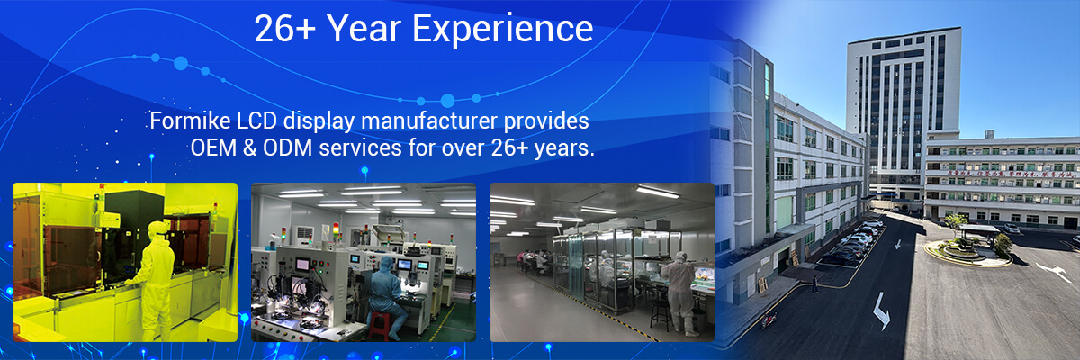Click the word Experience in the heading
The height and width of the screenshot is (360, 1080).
click(503, 29)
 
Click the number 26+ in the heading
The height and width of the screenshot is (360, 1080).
click(284, 29)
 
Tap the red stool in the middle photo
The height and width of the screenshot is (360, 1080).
click(379, 323)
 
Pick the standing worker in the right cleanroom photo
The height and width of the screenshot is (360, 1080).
click(677, 290)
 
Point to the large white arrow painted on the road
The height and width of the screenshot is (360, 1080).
click(880, 310)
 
